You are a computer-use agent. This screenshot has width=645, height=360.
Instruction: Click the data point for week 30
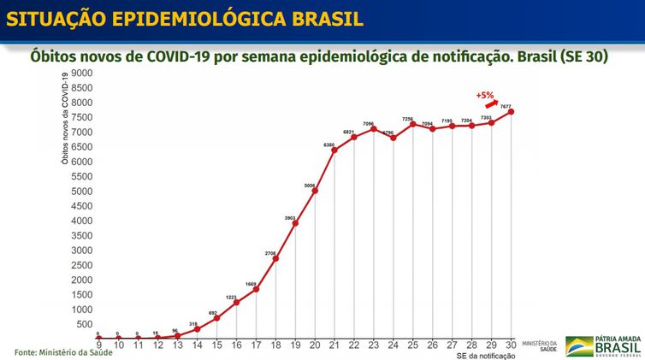click(x=511, y=111)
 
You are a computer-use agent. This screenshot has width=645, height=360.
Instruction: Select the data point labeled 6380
click(x=334, y=150)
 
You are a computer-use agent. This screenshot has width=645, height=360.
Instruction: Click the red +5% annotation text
click(x=485, y=94)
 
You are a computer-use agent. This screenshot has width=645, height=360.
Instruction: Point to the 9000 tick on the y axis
click(x=80, y=74)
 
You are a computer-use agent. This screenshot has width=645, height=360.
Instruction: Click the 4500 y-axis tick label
click(x=80, y=206)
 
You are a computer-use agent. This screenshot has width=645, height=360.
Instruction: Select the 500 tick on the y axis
click(x=83, y=324)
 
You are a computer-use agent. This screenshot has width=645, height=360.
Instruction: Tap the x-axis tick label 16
click(x=236, y=345)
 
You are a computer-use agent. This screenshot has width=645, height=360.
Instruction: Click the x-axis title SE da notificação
click(x=487, y=355)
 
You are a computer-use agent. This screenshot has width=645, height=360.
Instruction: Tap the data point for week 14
click(x=197, y=328)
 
